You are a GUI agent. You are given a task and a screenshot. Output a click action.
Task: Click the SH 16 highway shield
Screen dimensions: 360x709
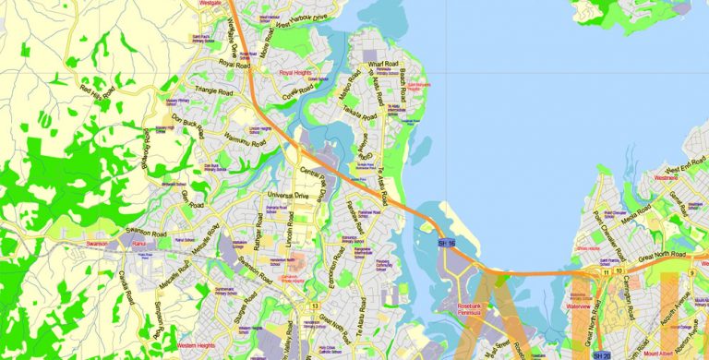click(x=447, y=242)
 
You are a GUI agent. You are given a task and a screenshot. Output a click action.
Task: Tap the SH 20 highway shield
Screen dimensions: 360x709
click(x=602, y=354)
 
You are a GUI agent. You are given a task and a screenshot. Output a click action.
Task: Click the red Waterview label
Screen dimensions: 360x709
click(x=579, y=307)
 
